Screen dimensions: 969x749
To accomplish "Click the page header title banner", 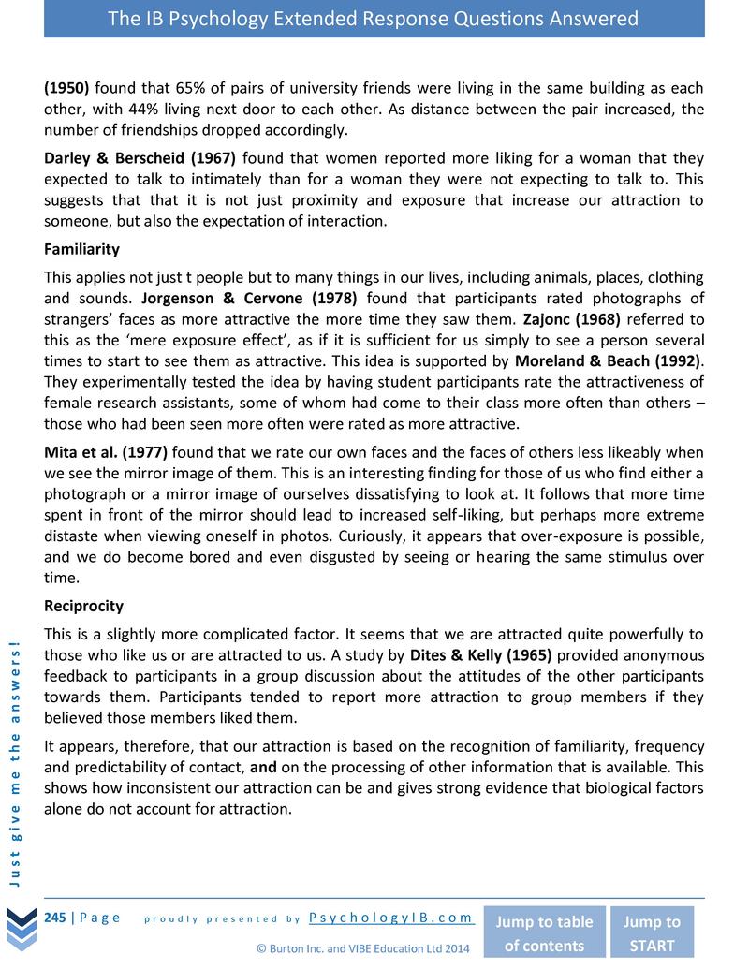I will coord(374,19).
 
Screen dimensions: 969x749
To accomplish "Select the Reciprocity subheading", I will coord(83,606).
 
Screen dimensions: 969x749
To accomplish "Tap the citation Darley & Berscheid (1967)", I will coord(140,158).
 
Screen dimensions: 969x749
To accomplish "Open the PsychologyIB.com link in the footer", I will coord(390,918).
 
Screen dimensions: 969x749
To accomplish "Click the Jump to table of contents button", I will coord(543,932).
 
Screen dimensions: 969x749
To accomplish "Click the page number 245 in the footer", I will coord(54,918).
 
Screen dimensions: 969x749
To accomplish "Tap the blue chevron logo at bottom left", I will coord(21,927).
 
